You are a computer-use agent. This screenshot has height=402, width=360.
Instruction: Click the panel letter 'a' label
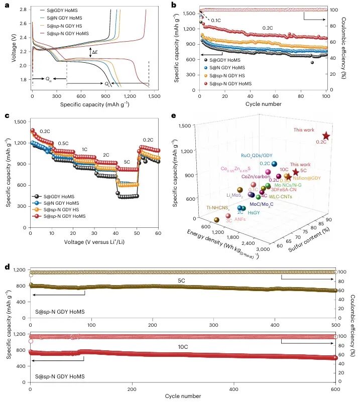[x=7, y=6]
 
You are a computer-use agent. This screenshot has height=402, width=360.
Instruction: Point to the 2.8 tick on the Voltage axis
[x=23, y=9]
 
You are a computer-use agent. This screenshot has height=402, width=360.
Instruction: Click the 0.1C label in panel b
[x=216, y=20]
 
